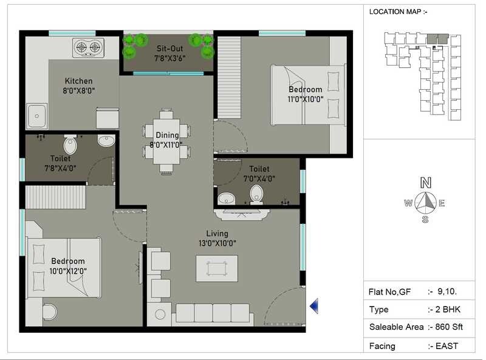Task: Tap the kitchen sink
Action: [36, 115]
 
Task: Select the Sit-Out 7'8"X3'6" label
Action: [170, 53]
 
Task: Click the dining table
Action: [166, 141]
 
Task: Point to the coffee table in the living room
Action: [216, 267]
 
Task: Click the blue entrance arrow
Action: [314, 307]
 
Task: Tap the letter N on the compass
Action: [426, 182]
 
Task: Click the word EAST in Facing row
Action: [447, 346]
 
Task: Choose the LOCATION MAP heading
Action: [399, 12]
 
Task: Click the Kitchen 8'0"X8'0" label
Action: [79, 86]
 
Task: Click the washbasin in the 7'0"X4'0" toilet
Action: [227, 198]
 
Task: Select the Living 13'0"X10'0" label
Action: [217, 238]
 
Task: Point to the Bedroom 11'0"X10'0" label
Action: [305, 95]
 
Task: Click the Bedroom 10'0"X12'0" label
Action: [67, 266]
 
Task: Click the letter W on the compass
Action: [408, 203]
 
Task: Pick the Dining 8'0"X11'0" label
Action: [167, 140]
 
